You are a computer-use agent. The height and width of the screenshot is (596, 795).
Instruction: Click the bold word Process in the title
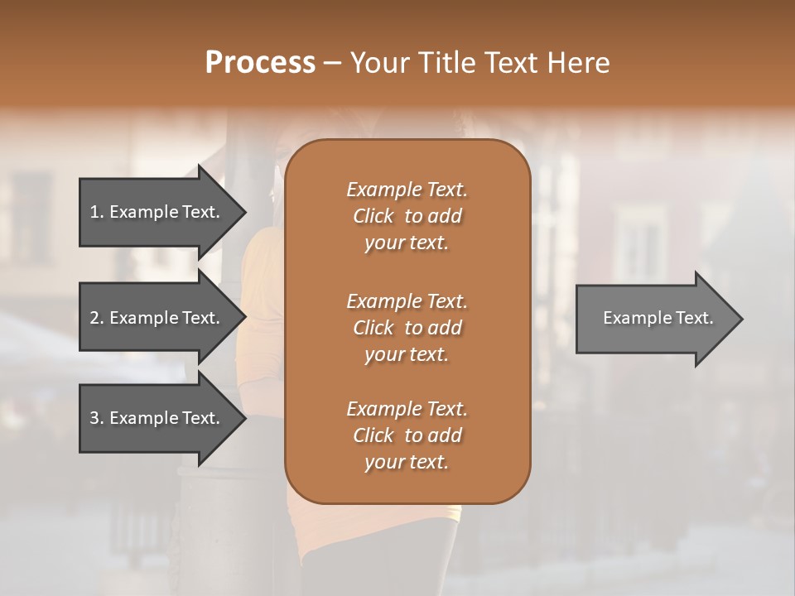tap(260, 63)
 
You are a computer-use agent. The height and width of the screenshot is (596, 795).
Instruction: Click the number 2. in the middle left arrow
tap(96, 318)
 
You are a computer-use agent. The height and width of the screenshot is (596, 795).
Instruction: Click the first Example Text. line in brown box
tap(407, 190)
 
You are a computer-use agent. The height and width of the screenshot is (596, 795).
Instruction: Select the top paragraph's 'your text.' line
tap(407, 243)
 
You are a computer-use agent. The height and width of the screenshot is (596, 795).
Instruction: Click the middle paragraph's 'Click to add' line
tap(407, 328)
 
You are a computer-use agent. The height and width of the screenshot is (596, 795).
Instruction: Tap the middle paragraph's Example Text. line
tap(407, 300)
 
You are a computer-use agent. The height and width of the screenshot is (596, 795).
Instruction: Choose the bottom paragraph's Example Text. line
tap(407, 409)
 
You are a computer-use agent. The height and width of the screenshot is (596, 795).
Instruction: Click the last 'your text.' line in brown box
tap(407, 463)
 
